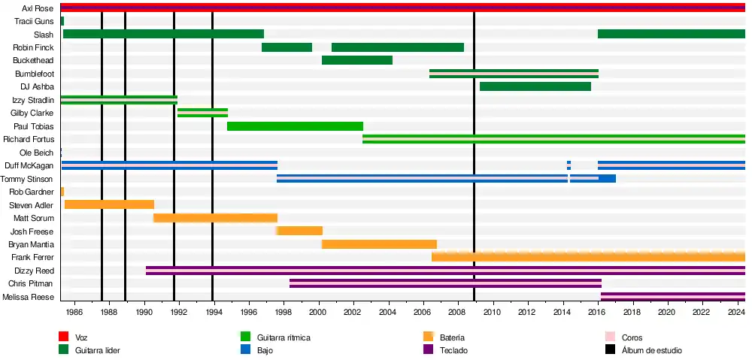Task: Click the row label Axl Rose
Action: pyautogui.click(x=38, y=8)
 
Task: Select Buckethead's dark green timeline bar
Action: pyautogui.click(x=356, y=60)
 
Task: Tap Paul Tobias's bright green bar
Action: pyautogui.click(x=295, y=126)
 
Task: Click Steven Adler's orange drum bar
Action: pyautogui.click(x=109, y=204)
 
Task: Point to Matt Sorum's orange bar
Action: pyautogui.click(x=215, y=218)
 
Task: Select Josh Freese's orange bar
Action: pyautogui.click(x=300, y=231)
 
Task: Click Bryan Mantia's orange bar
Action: pyautogui.click(x=379, y=244)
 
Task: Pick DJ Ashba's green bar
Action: pyautogui.click(x=535, y=86)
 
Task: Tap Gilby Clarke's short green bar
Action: pyautogui.click(x=202, y=113)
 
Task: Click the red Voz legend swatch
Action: pyautogui.click(x=64, y=337)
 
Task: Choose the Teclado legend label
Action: pyautogui.click(x=454, y=350)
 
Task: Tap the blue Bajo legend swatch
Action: pyautogui.click(x=245, y=349)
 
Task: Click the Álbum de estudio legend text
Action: pyautogui.click(x=652, y=350)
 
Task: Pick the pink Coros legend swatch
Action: pyautogui.click(x=611, y=337)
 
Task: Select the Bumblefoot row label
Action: pyautogui.click(x=34, y=74)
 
